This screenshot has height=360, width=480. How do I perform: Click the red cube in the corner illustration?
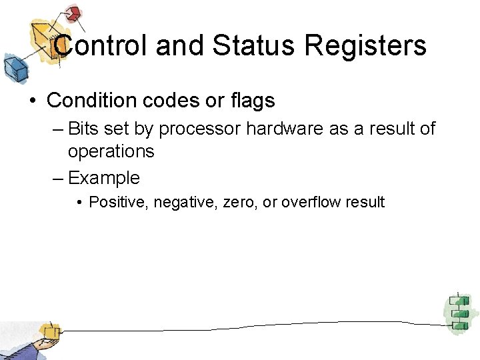click(73, 13)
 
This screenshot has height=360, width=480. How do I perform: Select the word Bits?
click(83, 127)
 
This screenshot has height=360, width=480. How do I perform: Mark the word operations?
click(111, 151)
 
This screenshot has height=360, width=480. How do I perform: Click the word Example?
click(104, 178)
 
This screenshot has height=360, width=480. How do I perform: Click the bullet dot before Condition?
click(32, 101)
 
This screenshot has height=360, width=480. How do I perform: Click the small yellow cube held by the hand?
click(48, 331)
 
